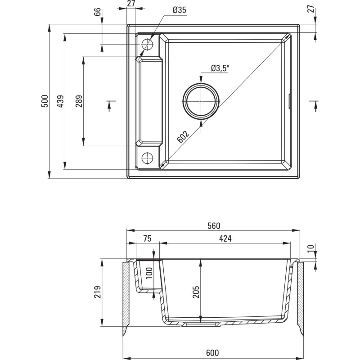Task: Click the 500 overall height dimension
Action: [x=44, y=101]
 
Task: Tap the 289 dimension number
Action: [x=78, y=101]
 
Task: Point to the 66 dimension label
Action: [x=97, y=12]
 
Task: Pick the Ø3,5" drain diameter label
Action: [x=220, y=68]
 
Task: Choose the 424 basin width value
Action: [x=225, y=239]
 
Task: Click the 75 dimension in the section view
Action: [x=147, y=239]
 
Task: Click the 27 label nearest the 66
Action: [x=131, y=4]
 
